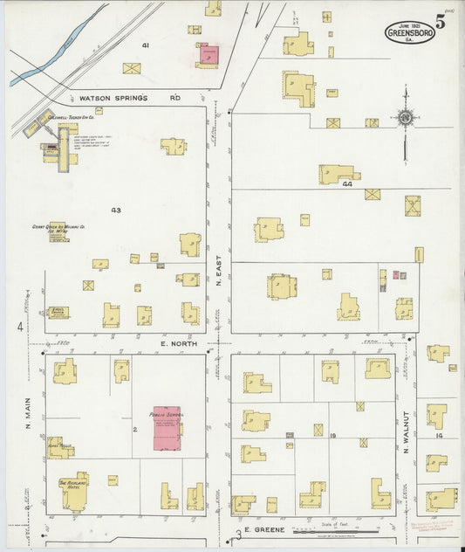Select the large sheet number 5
click(442, 23)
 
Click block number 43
click(115, 210)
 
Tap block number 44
click(347, 184)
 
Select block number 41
click(146, 44)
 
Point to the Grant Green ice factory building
click(58, 232)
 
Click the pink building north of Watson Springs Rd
click(209, 54)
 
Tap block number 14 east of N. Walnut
click(440, 434)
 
